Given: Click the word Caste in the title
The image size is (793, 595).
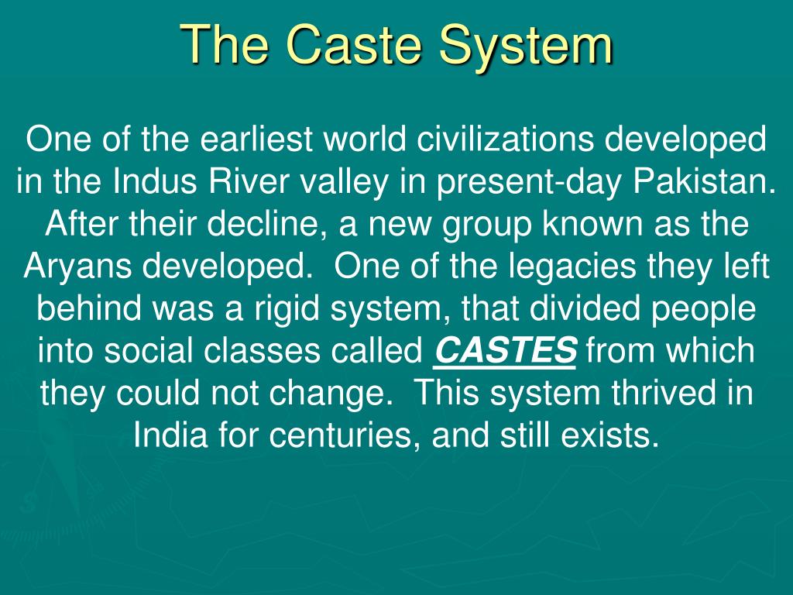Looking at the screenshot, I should click(x=350, y=44).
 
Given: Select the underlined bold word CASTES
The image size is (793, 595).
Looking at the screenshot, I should click(x=505, y=351).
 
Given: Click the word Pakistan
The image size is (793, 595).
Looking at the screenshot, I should click(x=705, y=183).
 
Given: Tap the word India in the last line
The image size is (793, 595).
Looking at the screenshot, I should click(x=160, y=435).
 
